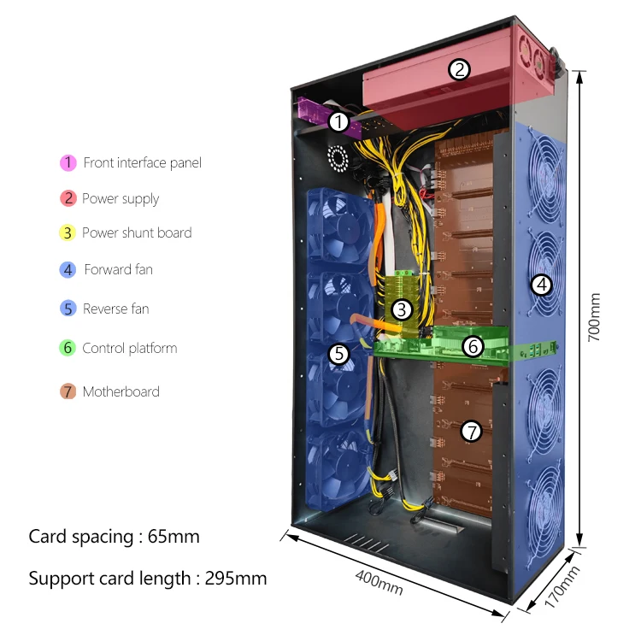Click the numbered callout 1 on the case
coord(338,122)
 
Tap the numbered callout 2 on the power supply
coord(460,69)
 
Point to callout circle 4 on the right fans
coord(542,284)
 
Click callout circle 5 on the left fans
coord(338,353)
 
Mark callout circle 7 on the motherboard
coord(471,432)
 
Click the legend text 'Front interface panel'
coord(142,162)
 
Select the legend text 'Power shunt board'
coord(137,232)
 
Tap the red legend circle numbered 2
coord(68,199)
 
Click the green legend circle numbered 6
coord(68,349)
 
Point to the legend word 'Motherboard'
coord(121,392)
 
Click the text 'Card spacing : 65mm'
coord(114,537)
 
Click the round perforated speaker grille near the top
coord(339,157)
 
